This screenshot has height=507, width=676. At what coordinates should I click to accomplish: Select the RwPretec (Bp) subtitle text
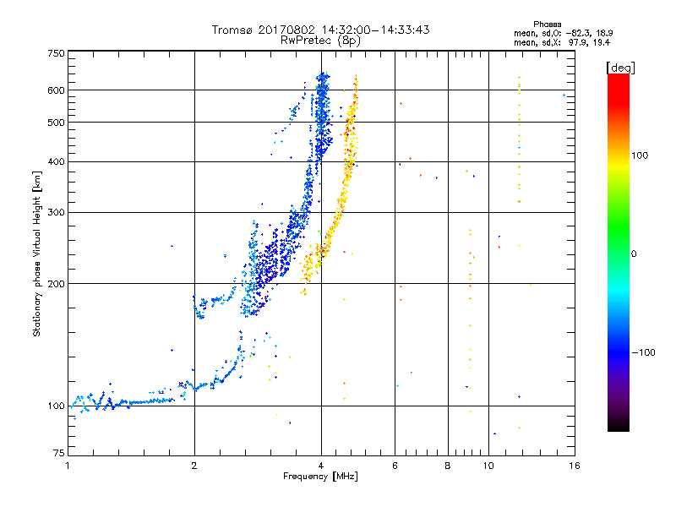click(x=320, y=40)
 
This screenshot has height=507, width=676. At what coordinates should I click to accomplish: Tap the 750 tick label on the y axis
click(x=56, y=53)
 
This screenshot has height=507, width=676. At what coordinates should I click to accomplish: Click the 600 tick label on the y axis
click(x=56, y=90)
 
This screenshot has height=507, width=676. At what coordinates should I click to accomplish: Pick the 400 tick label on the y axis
click(x=56, y=161)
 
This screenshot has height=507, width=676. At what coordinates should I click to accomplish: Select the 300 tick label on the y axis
click(x=56, y=212)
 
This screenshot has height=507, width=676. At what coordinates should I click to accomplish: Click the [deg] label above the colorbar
click(x=619, y=67)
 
